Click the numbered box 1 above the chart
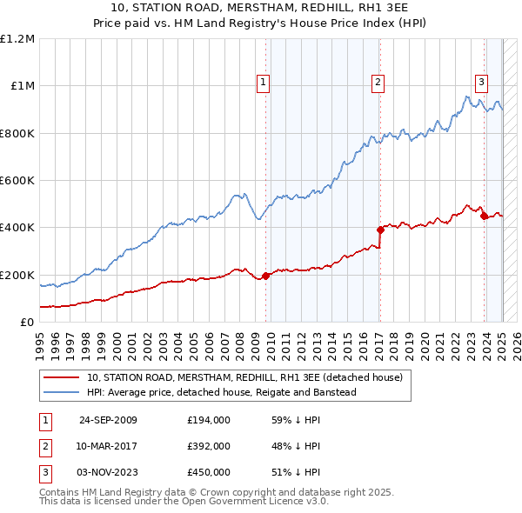click(263, 83)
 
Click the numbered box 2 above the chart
click(378, 83)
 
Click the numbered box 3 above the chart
click(481, 83)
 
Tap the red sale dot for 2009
click(266, 276)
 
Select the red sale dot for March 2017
click(380, 230)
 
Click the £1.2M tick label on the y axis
click(17, 39)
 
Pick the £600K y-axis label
click(17, 181)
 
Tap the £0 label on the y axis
click(26, 323)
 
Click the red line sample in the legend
click(62, 378)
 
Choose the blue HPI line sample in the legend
click(62, 392)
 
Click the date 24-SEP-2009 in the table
click(108, 420)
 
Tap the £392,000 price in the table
click(208, 446)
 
